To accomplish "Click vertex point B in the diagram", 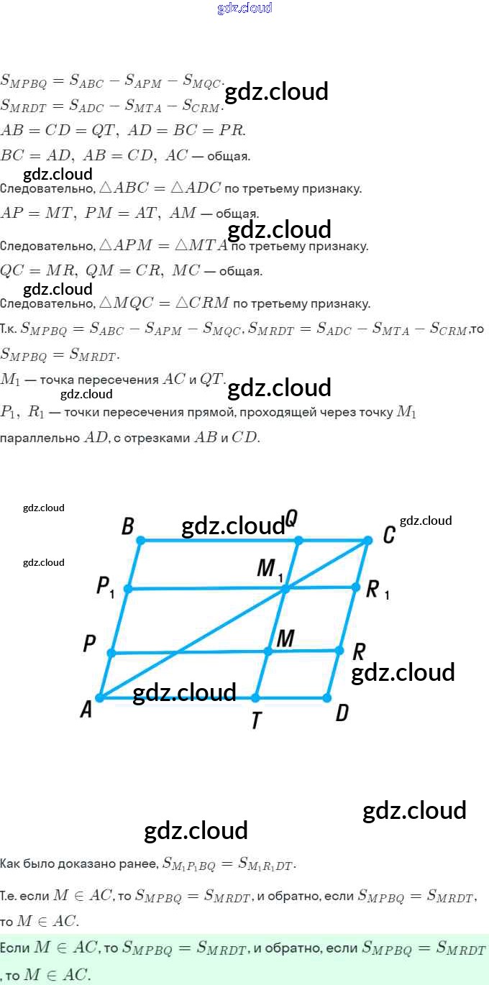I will (141, 540).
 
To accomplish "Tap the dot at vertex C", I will (367, 540).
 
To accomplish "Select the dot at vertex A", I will (100, 697).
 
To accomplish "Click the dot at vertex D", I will (326, 697).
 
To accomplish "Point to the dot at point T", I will (255, 697).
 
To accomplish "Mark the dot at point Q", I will (298, 540).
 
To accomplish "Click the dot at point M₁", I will (285, 589).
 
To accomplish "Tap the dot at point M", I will (268, 651).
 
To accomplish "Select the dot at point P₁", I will (128, 589).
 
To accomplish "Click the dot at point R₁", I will (355, 587).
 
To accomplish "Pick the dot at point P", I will (111, 653).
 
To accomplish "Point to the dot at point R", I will (339, 651).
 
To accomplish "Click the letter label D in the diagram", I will (342, 713).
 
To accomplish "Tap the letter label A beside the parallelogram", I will (86, 710).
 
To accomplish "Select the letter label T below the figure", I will (256, 720).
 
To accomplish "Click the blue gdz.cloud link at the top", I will (244, 9).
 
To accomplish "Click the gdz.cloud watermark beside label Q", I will (233, 526).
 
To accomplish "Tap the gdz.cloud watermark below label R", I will (403, 673).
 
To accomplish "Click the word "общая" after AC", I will (229, 156).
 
